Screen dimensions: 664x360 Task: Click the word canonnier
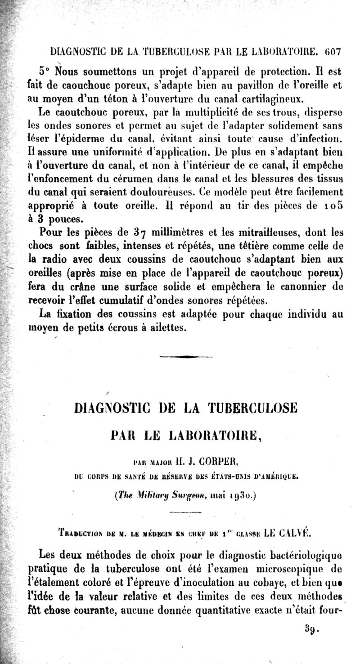309,287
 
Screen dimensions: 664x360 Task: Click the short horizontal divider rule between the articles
185,357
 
